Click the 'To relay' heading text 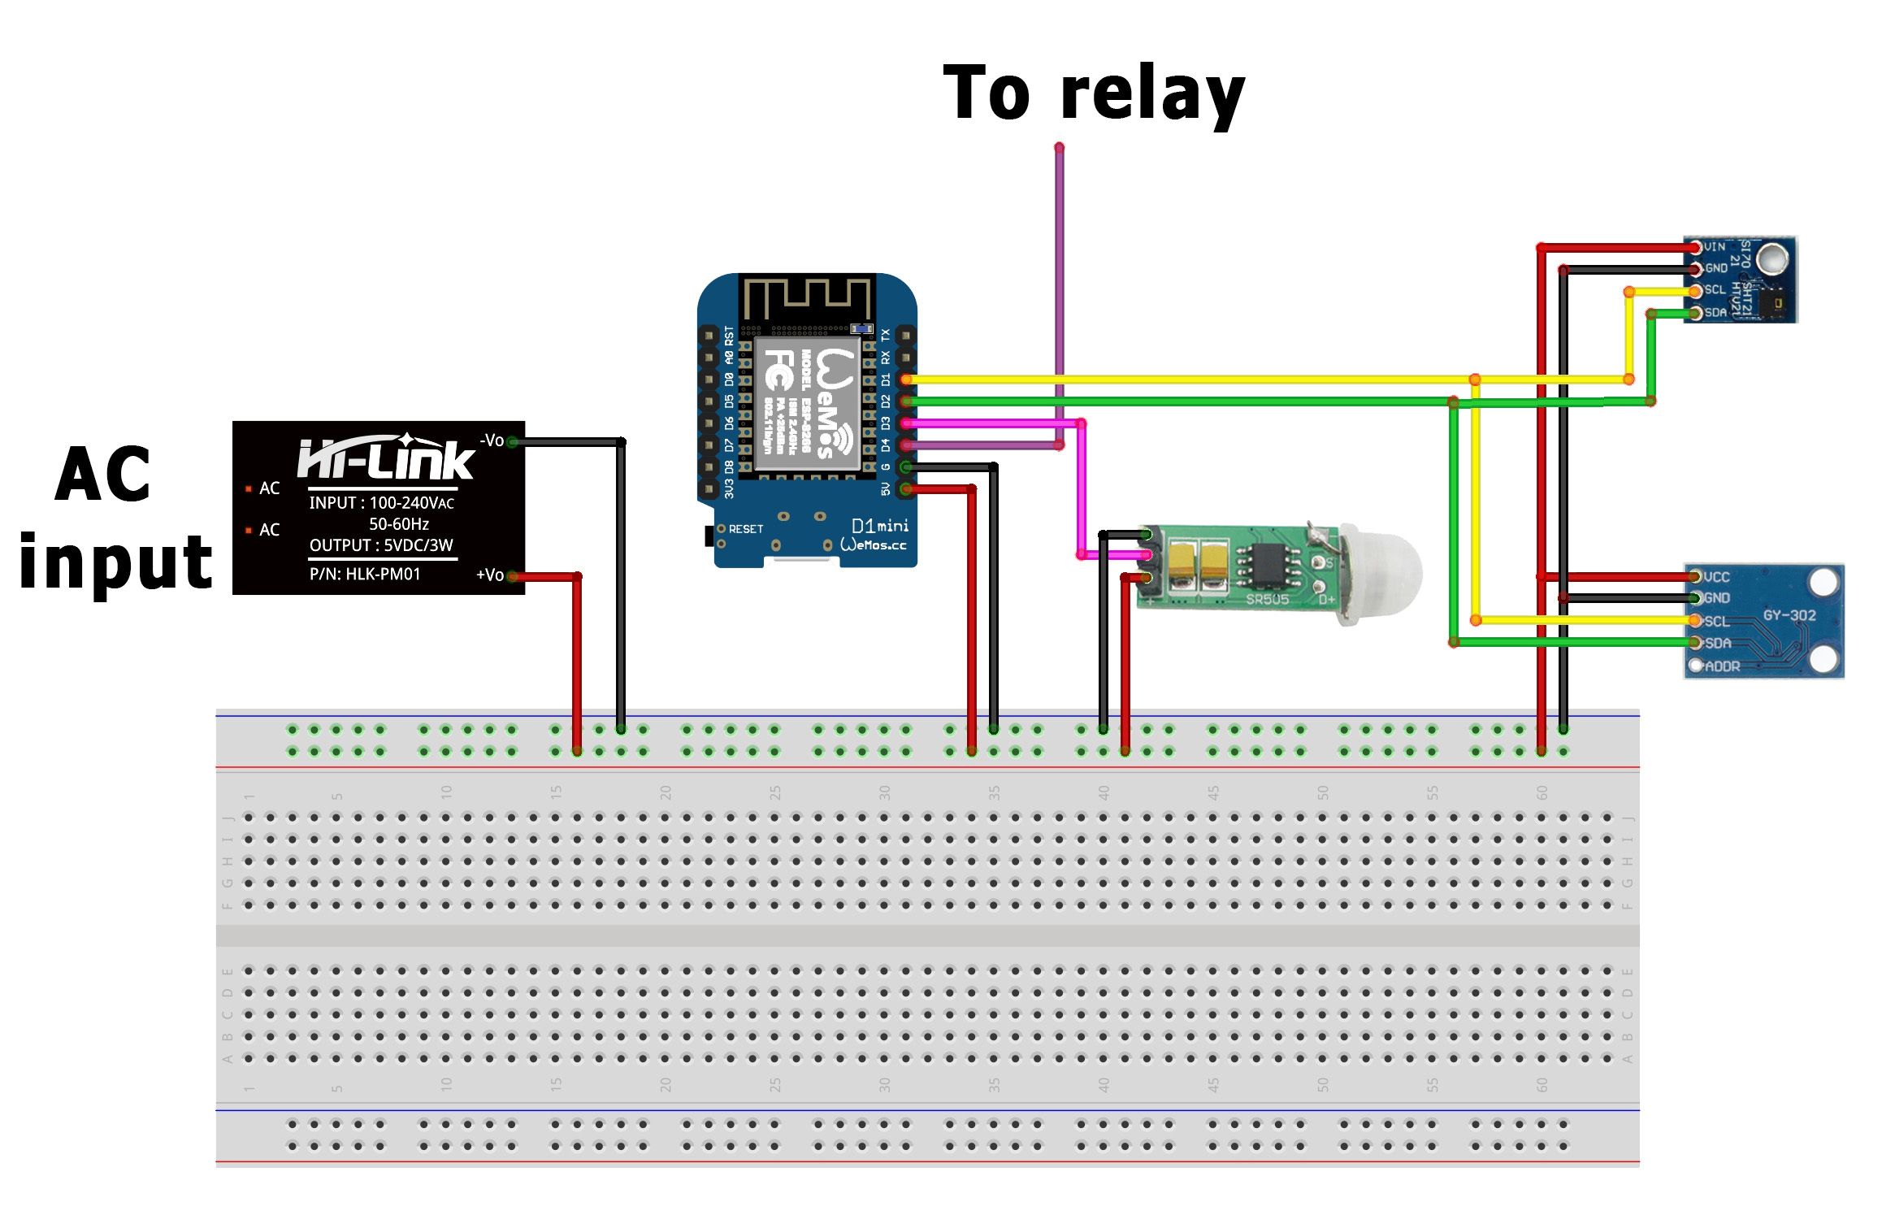1093,93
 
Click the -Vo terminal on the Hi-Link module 512,441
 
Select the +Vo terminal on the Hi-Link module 512,575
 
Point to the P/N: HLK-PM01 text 365,574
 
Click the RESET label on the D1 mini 745,529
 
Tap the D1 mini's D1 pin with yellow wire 905,380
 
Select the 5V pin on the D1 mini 905,488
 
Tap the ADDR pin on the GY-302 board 1695,666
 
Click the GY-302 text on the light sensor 1789,615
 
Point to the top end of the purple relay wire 1059,149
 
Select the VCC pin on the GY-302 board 1695,576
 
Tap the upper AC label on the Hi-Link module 269,488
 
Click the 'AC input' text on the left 114,520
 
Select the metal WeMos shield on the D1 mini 806,404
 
